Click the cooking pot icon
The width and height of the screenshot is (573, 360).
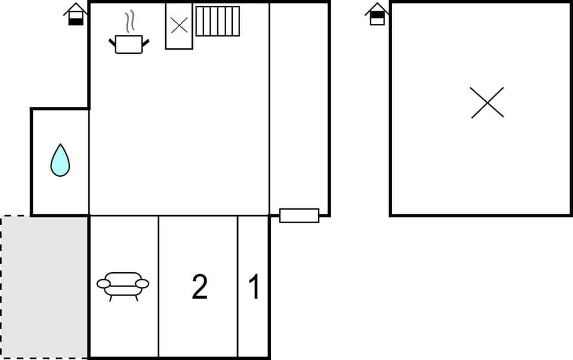(x=129, y=44)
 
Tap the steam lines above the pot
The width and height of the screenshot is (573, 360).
(x=129, y=23)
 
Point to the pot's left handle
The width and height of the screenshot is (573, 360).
(x=112, y=42)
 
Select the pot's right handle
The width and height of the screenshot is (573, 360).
(x=146, y=42)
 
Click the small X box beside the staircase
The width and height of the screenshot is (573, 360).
(x=179, y=26)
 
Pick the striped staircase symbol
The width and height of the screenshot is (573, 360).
(x=217, y=21)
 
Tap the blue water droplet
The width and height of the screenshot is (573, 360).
(x=60, y=161)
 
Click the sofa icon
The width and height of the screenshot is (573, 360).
(x=123, y=285)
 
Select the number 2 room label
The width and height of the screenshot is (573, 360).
(x=199, y=287)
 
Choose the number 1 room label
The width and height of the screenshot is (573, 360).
(x=254, y=287)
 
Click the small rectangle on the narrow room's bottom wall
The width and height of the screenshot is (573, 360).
(x=299, y=216)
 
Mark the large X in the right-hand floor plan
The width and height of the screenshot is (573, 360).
(x=487, y=103)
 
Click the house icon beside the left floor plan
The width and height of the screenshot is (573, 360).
(x=76, y=14)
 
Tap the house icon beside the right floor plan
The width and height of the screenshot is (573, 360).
(x=377, y=14)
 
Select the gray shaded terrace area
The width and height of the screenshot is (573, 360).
(x=45, y=287)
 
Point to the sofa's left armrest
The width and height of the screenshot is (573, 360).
(x=103, y=284)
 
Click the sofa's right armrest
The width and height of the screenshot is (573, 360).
(x=143, y=284)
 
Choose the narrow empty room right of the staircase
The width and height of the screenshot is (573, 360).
(x=299, y=107)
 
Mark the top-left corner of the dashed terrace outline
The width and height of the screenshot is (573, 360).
(x=2, y=216)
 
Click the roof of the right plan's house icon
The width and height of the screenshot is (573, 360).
(x=377, y=7)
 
